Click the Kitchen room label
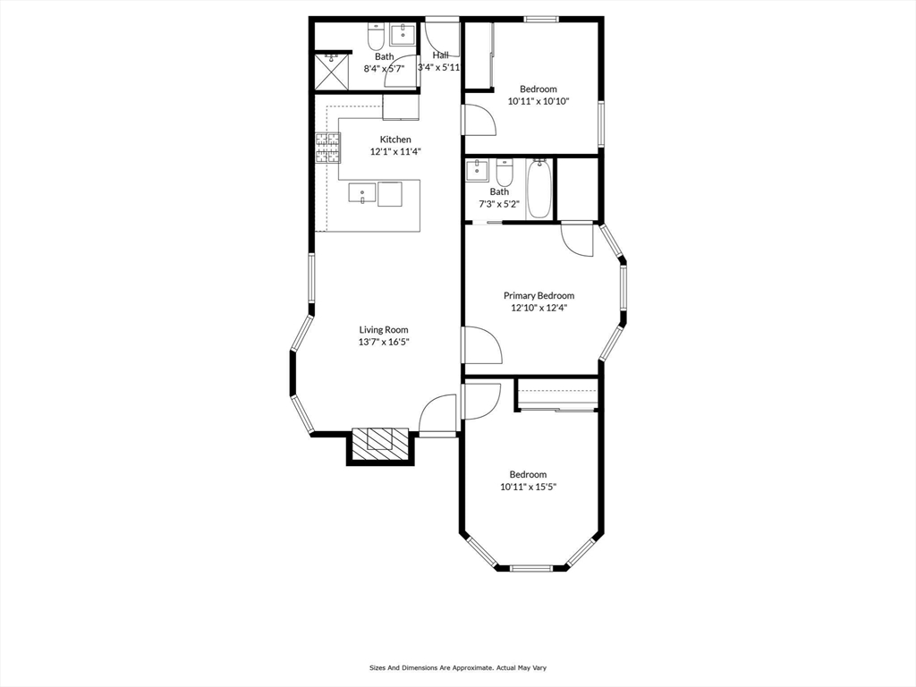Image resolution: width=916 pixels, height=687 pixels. pos(395,140)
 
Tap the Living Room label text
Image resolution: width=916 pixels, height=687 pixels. pos(384,330)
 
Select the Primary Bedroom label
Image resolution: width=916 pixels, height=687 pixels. pos(539,296)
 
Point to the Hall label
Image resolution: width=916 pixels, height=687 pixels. pos(440,55)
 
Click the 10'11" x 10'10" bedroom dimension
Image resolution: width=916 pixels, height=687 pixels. pos(539,102)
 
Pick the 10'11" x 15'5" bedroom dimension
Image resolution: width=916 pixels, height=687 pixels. pos(528,488)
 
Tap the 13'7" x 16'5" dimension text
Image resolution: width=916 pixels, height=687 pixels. pos(384,342)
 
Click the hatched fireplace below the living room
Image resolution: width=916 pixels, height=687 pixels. pos(380,443)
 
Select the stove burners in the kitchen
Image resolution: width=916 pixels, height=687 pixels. pos(327,148)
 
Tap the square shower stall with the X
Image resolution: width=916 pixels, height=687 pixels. pos(331,71)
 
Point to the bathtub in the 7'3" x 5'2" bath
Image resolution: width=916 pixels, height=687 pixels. pos(539,189)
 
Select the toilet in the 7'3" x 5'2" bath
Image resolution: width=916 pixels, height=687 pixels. pos(505,172)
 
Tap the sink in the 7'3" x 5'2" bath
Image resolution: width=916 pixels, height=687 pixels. pos(477,171)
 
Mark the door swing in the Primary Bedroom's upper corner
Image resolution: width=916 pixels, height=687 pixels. pos(577,240)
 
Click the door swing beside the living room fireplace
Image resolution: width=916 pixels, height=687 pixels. pos(437,413)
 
